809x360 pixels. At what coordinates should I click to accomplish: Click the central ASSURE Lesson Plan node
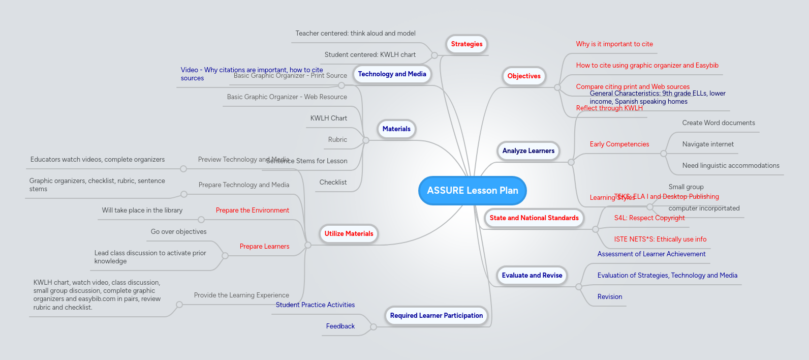472,191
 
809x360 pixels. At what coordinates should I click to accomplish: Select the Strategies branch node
466,44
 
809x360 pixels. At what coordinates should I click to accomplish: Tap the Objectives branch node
524,76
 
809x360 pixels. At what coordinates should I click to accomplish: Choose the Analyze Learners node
528,151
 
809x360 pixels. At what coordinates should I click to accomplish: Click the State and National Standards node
534,218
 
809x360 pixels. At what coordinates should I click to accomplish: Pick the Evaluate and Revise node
532,276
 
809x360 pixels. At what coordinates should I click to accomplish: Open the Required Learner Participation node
436,316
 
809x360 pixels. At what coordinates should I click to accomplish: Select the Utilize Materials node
349,234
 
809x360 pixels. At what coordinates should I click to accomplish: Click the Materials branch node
396,129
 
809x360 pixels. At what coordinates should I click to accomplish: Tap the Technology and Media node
392,74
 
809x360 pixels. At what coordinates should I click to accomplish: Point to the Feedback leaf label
340,326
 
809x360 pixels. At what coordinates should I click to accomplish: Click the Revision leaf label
609,297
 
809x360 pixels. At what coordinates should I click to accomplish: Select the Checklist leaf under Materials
333,183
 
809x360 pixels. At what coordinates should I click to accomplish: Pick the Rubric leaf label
337,140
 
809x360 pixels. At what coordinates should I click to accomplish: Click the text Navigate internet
708,144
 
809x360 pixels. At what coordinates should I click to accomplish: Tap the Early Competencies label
619,144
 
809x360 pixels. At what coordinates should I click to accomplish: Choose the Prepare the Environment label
252,211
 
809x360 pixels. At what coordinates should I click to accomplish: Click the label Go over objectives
178,232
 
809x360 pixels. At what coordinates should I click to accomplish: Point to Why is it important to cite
614,44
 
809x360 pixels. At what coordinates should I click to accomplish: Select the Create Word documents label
718,123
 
